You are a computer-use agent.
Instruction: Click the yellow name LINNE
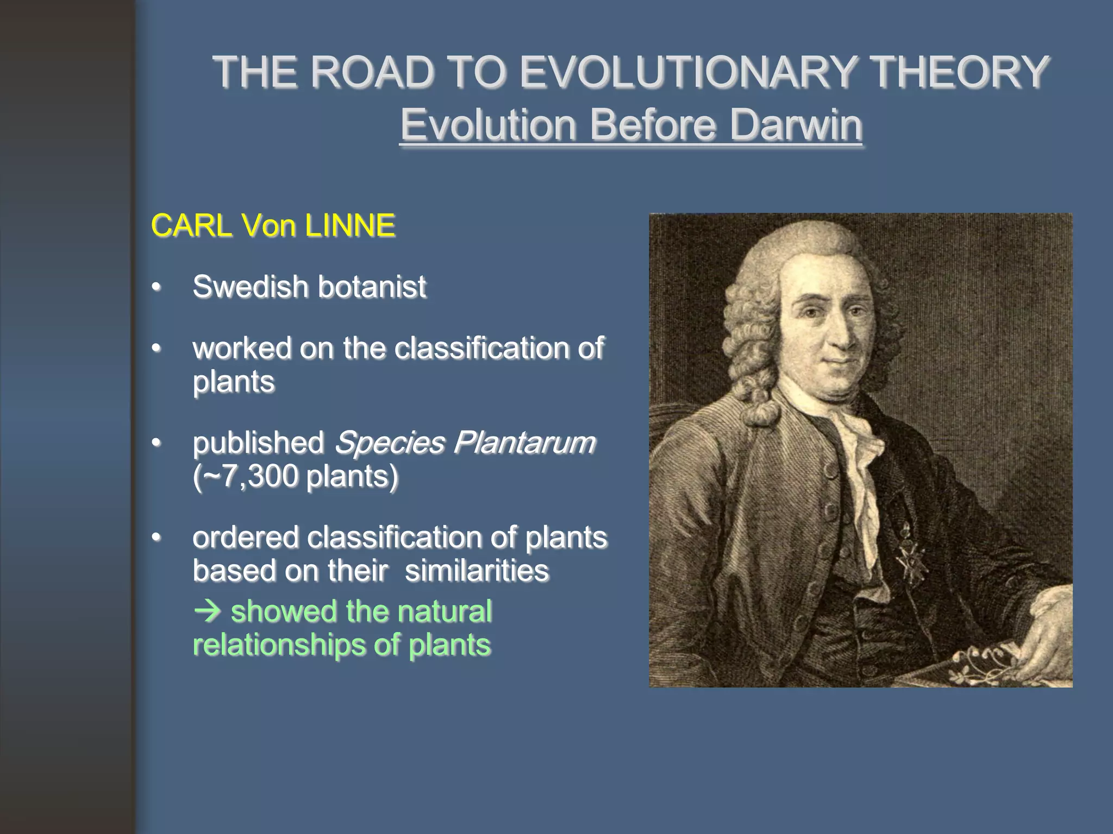[349, 225]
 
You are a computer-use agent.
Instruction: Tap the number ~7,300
[246, 476]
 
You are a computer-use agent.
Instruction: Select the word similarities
[477, 570]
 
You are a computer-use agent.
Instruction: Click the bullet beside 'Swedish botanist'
[157, 287]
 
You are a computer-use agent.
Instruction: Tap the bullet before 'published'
[157, 443]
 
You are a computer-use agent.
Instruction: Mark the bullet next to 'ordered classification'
[157, 538]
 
